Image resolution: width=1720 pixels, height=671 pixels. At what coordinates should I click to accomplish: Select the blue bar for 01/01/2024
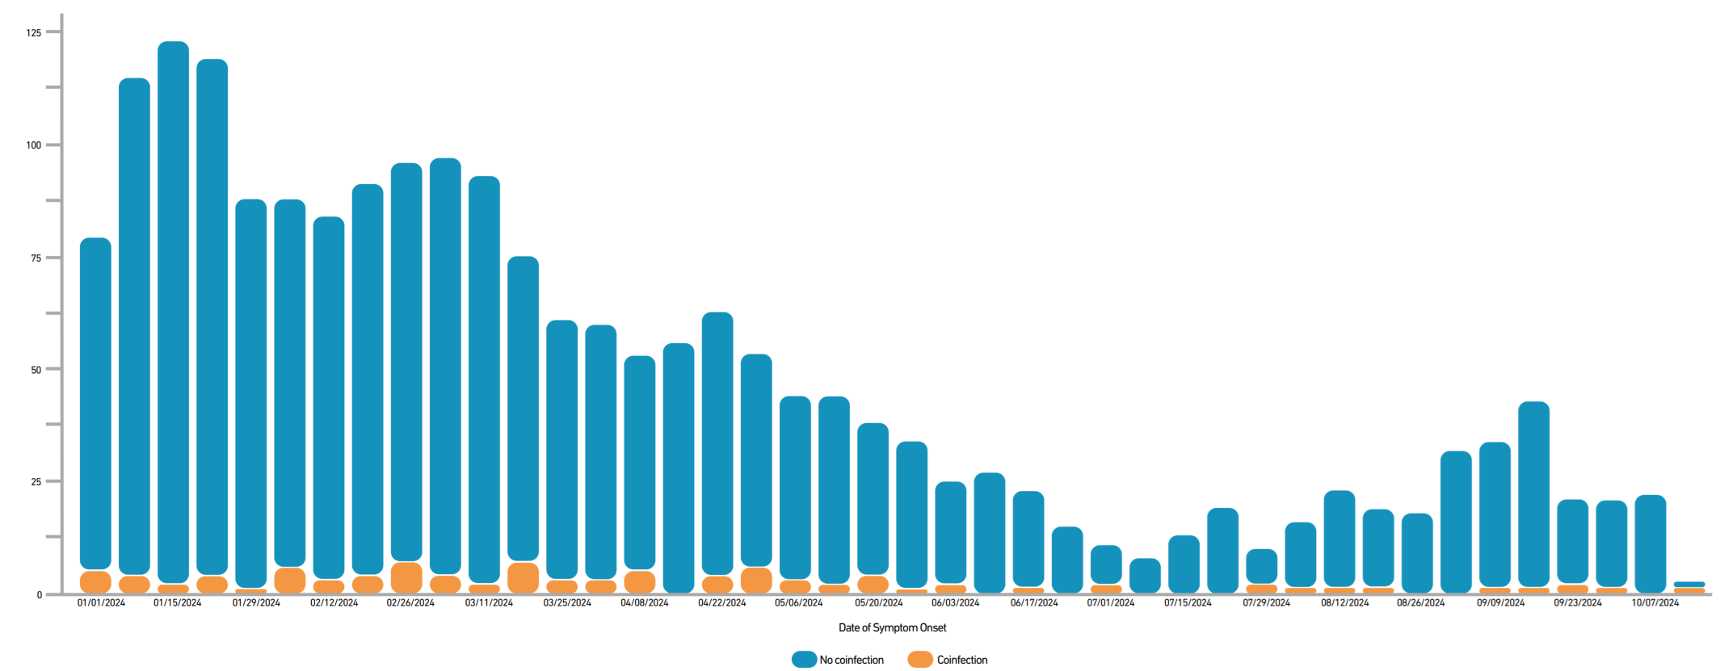tap(95, 404)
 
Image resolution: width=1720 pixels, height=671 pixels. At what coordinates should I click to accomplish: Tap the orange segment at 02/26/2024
tap(406, 577)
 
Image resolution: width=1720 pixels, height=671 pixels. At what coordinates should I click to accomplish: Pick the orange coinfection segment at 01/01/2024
tap(95, 581)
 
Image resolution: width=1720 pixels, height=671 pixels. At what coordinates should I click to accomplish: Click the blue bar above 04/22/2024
tap(717, 444)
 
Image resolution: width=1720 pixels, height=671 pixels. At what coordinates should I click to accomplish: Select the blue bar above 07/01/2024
tap(1106, 564)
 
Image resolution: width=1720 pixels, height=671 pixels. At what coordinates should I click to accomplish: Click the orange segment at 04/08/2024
tap(640, 581)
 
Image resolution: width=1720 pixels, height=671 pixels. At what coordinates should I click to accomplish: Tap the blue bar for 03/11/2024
tap(484, 380)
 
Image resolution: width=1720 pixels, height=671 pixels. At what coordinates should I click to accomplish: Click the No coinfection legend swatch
tap(804, 660)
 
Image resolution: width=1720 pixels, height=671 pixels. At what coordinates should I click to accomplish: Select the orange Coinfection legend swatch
tap(920, 660)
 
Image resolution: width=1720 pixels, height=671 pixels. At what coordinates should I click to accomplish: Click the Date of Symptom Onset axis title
tap(892, 627)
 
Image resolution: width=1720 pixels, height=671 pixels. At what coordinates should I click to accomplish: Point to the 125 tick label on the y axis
tap(33, 33)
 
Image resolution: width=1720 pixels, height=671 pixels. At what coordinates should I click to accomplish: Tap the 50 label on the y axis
tap(36, 370)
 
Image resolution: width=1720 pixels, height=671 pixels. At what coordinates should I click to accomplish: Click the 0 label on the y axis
tap(39, 595)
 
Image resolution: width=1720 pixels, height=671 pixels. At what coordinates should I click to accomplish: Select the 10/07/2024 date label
tap(1655, 602)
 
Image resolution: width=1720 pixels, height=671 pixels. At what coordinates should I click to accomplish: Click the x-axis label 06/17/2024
tap(1033, 602)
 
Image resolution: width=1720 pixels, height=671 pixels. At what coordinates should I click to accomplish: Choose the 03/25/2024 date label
tap(566, 602)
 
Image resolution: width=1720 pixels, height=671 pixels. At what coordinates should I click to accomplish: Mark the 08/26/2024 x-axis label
tap(1420, 602)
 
